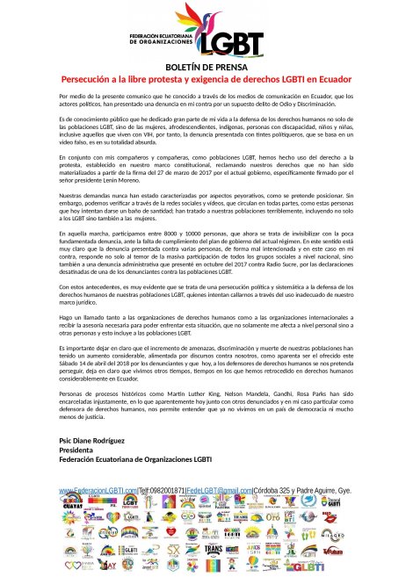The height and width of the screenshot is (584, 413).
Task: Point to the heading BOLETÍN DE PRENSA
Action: (x=206, y=68)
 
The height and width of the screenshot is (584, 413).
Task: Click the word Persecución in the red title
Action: (x=88, y=78)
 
